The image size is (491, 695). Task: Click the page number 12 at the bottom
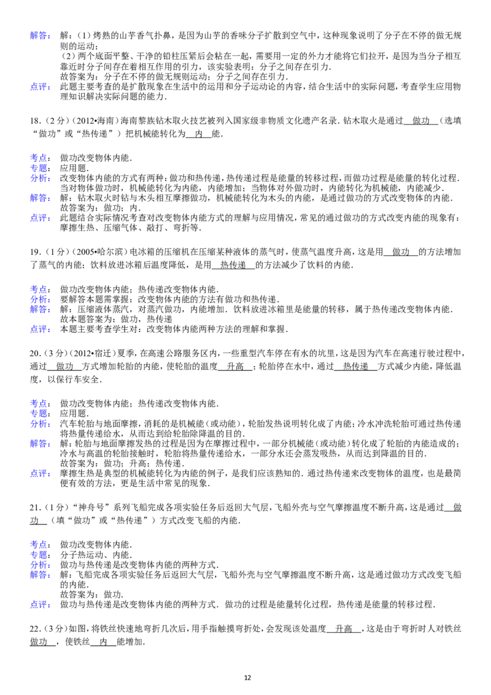tap(247, 678)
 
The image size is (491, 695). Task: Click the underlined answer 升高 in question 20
tap(235, 367)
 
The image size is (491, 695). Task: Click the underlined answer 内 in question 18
tap(198, 134)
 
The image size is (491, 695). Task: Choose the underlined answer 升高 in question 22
tap(344, 629)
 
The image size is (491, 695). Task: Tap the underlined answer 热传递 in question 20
tap(356, 367)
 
